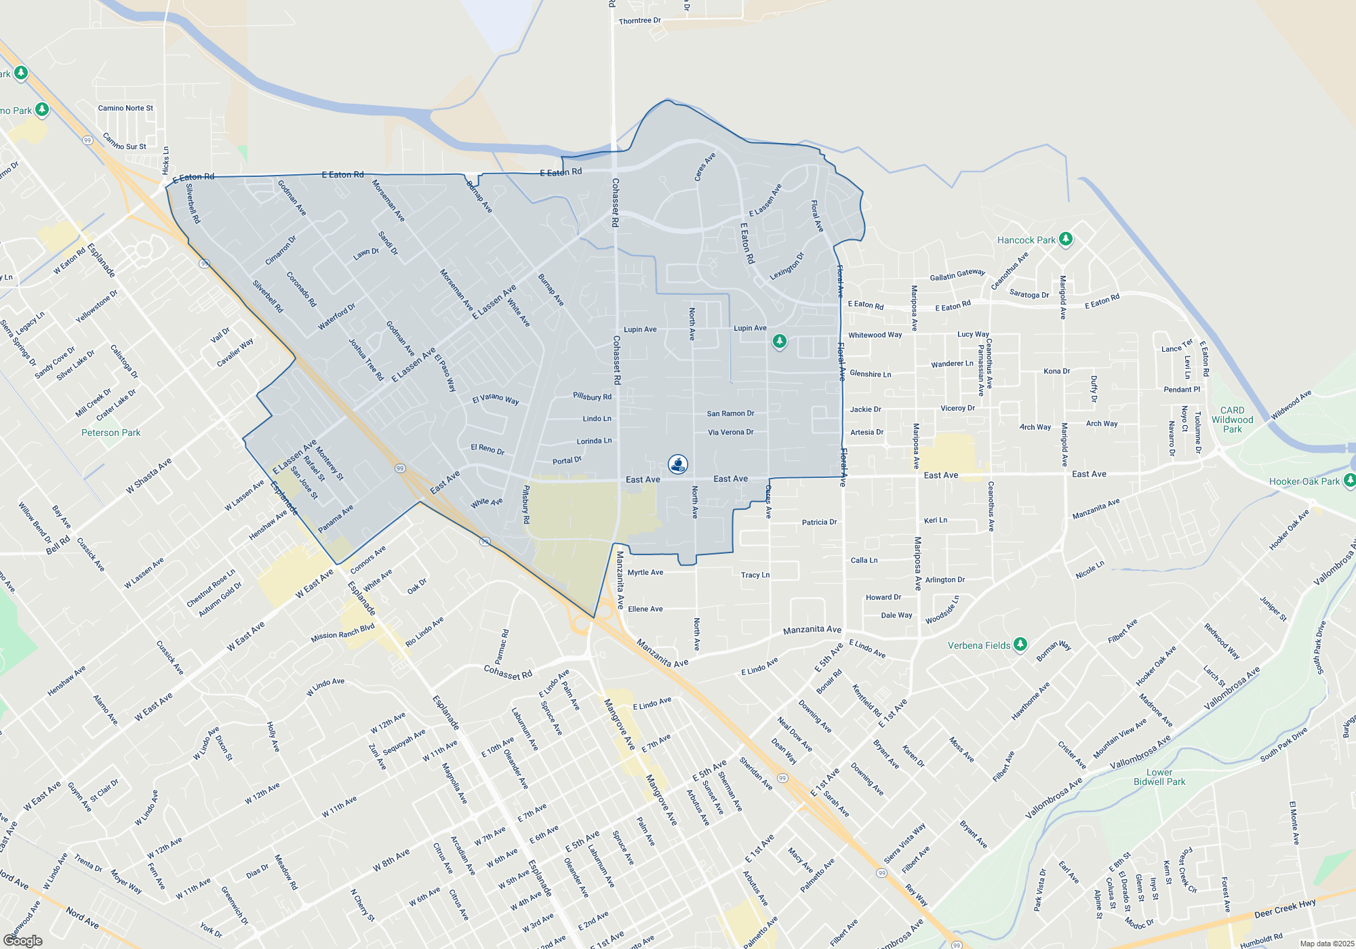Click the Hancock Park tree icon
(x=1066, y=239)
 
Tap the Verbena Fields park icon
(x=1020, y=644)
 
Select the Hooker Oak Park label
(x=1304, y=481)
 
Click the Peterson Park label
(x=111, y=432)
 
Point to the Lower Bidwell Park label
(x=1159, y=777)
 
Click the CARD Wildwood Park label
(x=1232, y=420)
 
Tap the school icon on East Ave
(x=677, y=464)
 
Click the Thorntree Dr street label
(x=639, y=21)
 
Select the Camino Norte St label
(x=125, y=108)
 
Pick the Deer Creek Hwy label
(x=1285, y=908)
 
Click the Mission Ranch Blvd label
(x=342, y=632)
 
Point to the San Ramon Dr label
(x=730, y=413)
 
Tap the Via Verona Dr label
(x=730, y=432)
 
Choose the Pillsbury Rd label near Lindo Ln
(x=592, y=397)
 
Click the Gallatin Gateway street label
(x=957, y=275)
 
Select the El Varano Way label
(x=495, y=399)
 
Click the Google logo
(x=23, y=941)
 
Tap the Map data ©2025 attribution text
(x=1327, y=944)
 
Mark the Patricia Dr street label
(x=819, y=522)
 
